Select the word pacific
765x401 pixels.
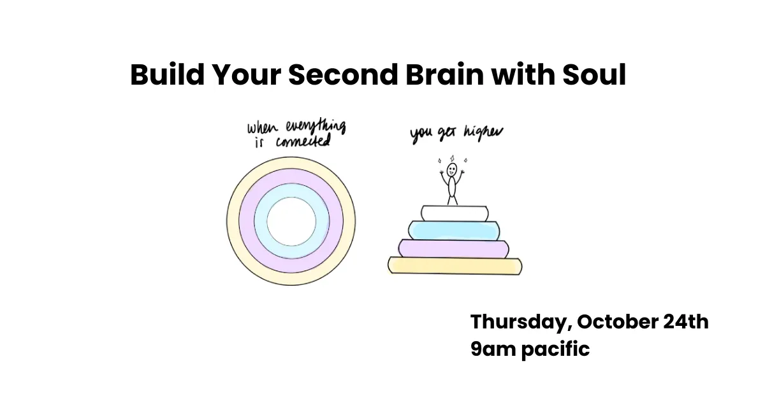[x=555, y=349]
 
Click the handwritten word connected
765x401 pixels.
[x=305, y=141]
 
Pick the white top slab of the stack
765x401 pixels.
[x=453, y=213]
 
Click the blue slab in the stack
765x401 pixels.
[x=453, y=230]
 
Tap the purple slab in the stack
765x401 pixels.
[x=453, y=248]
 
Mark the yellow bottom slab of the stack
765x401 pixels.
[x=455, y=265]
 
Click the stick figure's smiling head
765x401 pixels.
[x=452, y=170]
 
